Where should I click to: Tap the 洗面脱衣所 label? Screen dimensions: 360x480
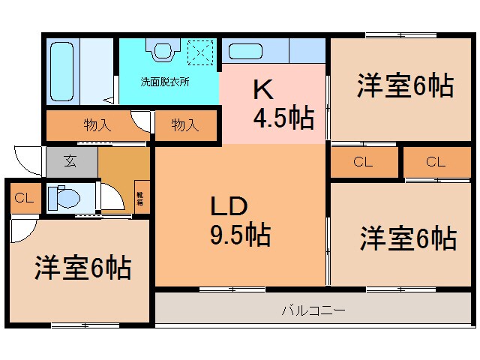tap(166, 82)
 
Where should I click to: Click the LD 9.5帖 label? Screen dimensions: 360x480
tap(239, 220)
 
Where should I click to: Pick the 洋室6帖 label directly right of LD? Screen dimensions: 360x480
tap(407, 238)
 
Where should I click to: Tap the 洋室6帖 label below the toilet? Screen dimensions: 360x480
tap(82, 267)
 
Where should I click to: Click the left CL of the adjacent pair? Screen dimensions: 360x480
tap(363, 161)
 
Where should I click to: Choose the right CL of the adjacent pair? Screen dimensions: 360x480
tap(436, 161)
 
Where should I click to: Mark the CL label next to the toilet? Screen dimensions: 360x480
tap(23, 199)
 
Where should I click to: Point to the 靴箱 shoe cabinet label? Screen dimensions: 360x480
tap(140, 199)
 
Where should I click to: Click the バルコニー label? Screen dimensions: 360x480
tap(313, 308)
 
